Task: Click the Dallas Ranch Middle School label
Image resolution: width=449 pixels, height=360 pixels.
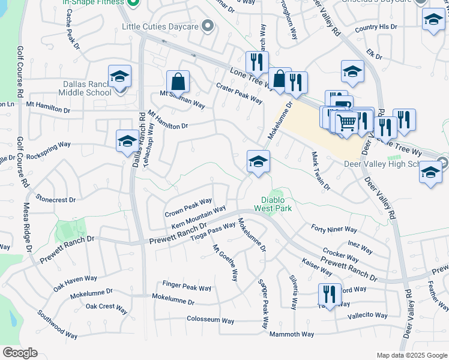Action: tap(85, 88)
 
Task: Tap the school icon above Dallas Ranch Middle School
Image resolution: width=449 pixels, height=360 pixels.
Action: tap(119, 77)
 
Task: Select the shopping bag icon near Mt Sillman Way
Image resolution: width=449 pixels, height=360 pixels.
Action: tap(178, 82)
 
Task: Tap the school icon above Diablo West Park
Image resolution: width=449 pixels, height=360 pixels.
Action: tap(258, 161)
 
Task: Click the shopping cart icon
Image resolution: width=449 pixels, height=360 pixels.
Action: tap(347, 124)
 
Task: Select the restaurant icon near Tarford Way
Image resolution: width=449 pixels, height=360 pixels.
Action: tap(330, 295)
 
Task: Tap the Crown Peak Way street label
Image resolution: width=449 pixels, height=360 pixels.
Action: tap(188, 208)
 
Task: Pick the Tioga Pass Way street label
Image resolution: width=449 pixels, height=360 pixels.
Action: tap(212, 232)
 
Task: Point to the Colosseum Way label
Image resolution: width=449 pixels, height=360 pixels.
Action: tap(210, 320)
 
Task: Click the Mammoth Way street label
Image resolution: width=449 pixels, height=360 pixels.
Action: tap(291, 334)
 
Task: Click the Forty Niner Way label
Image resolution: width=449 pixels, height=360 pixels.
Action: tap(334, 229)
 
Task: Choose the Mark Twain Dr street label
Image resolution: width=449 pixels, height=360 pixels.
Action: tap(321, 170)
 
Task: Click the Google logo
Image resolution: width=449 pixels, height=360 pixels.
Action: tap(20, 353)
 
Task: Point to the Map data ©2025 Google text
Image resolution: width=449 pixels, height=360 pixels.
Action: tap(412, 355)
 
